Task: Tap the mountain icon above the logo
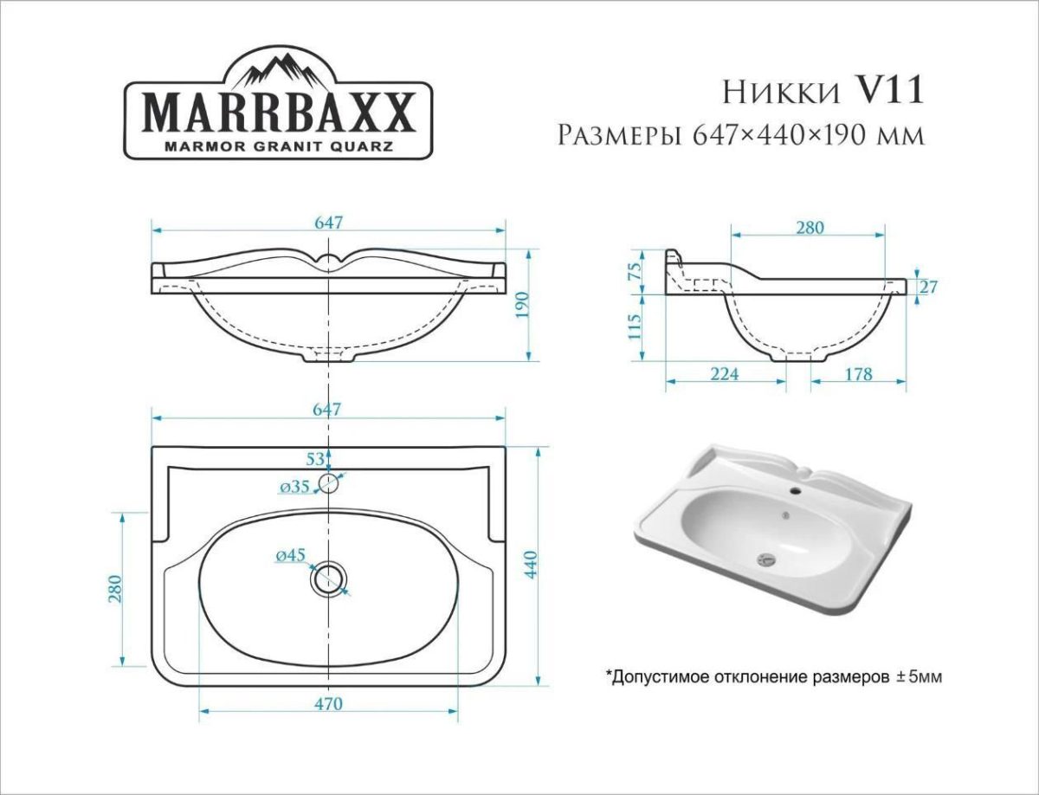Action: tap(279, 67)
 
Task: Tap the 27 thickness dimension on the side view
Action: tap(929, 287)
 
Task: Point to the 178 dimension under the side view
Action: tap(857, 374)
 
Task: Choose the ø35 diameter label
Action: tap(295, 487)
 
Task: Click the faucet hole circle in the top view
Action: tap(329, 482)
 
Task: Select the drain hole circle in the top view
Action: tap(329, 578)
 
